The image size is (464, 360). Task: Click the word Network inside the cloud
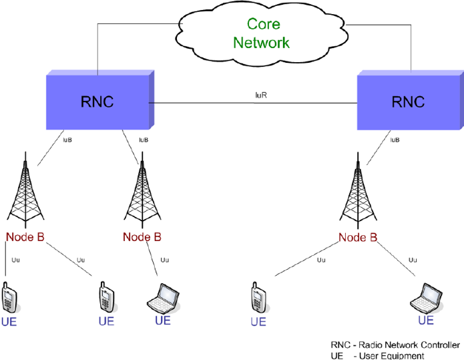pos(261,42)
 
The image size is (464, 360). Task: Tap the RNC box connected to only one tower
pos(409,102)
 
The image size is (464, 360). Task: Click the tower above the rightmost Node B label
pos(359,194)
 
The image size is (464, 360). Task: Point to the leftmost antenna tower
pos(25,194)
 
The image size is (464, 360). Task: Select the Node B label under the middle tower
pos(142,237)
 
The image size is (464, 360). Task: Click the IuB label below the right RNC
pos(395,140)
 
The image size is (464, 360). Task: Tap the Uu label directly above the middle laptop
pos(165,260)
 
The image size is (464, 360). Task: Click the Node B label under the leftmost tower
pos(25,237)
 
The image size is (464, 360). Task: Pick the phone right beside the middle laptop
pos(105,297)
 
